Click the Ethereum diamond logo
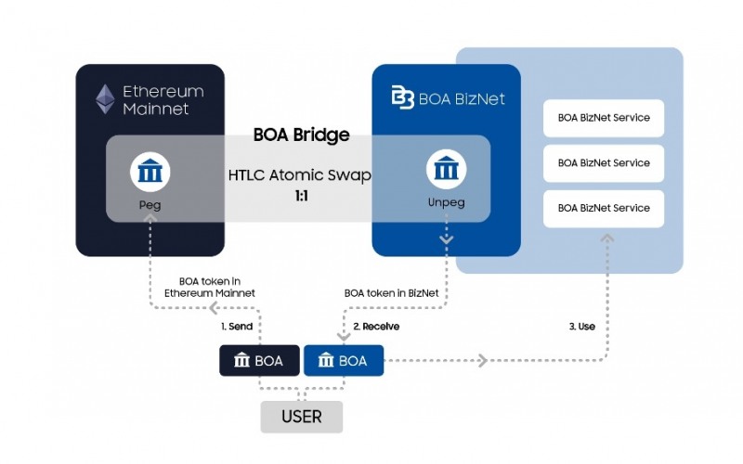tap(106, 99)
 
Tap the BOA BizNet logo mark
tap(402, 96)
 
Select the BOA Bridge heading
tap(301, 135)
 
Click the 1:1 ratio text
tap(302, 197)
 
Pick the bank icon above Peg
tap(149, 172)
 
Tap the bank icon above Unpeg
tap(446, 172)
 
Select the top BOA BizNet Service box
tap(604, 118)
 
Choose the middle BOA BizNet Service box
tap(604, 162)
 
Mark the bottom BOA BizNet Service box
tap(604, 208)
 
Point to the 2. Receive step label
tap(376, 327)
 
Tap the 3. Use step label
tap(581, 327)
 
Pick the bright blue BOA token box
tap(344, 360)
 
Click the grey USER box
tap(301, 417)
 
